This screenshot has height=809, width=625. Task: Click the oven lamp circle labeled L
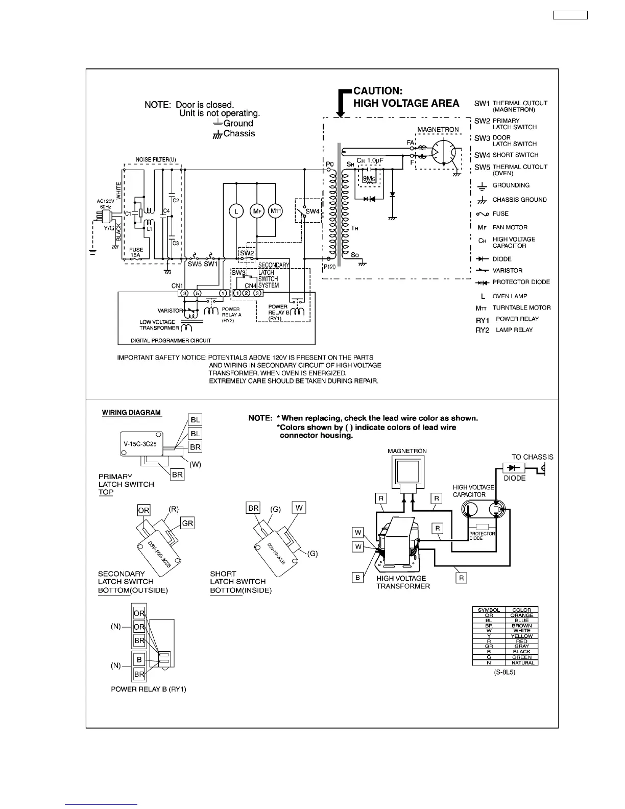(235, 211)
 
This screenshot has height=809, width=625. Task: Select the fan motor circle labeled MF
(256, 211)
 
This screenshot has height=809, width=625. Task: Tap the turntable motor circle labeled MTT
(275, 211)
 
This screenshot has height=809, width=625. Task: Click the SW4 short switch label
(312, 211)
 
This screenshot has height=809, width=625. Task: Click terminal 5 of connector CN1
(197, 293)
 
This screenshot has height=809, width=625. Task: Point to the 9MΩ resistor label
(369, 179)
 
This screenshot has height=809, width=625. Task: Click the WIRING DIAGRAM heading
(131, 412)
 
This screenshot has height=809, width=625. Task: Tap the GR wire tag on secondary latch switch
(187, 523)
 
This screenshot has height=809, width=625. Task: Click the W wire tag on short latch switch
(299, 508)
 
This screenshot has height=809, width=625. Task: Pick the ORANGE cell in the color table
(521, 615)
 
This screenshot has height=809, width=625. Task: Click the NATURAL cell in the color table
(521, 662)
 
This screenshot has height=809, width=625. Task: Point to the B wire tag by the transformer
(358, 578)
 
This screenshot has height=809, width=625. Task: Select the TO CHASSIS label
(532, 457)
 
